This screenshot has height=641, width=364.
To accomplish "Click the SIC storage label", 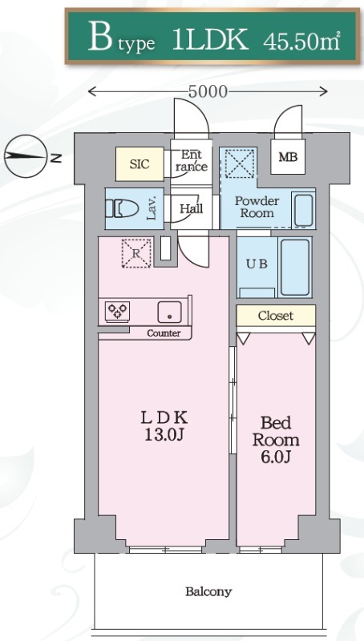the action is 140,164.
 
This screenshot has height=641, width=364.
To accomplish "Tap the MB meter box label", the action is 288,157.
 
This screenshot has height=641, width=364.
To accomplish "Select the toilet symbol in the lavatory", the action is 122,208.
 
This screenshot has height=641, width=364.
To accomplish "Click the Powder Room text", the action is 257,207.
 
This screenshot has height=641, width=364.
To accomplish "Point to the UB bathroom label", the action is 257,264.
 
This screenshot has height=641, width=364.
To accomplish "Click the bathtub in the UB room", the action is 295,268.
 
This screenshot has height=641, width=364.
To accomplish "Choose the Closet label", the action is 276,316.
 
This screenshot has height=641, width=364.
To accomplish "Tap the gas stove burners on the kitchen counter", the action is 118,311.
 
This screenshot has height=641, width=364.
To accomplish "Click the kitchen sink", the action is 170,312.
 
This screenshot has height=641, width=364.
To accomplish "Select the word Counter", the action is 164,333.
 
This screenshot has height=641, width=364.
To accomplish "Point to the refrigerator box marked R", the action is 136,253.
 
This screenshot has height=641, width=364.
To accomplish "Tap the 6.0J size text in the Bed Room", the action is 276,458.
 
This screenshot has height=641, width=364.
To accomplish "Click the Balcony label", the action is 208,591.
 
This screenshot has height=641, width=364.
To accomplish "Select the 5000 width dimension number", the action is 208,91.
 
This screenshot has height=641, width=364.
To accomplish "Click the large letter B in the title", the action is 99,37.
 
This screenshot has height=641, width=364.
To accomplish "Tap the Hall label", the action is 192,208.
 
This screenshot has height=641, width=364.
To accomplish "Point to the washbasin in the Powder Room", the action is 303,209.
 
